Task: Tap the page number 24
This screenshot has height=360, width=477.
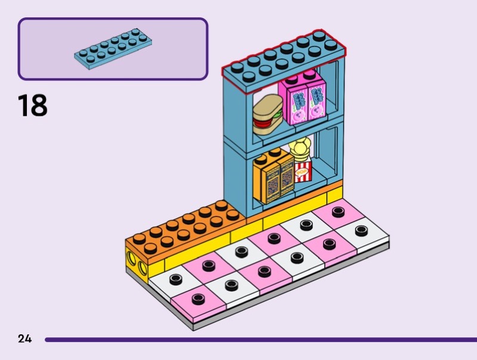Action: tap(24, 339)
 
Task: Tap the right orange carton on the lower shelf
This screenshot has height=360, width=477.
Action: tap(285, 174)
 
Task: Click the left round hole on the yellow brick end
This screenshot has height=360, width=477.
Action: tap(131, 257)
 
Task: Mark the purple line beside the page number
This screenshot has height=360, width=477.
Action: tap(256, 339)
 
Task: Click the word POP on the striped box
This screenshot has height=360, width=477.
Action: tap(303, 172)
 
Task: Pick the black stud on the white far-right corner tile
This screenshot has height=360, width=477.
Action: tap(361, 230)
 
